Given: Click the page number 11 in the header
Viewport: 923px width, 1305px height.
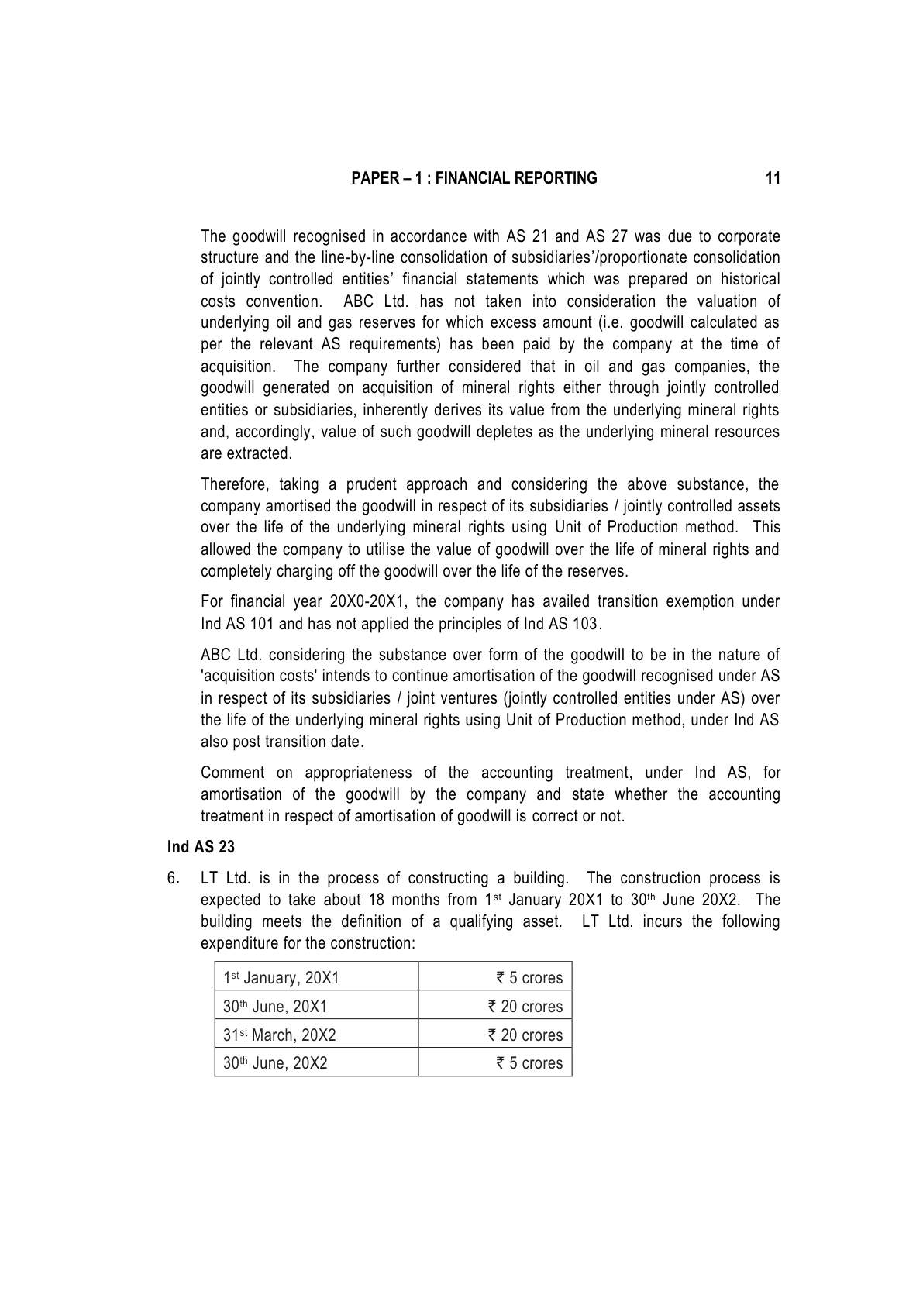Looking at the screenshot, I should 772,179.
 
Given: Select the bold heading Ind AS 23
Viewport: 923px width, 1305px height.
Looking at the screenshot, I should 201,847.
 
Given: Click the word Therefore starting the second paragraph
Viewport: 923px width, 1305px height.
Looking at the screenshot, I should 234,485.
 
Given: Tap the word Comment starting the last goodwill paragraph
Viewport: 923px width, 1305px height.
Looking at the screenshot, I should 232,773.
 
